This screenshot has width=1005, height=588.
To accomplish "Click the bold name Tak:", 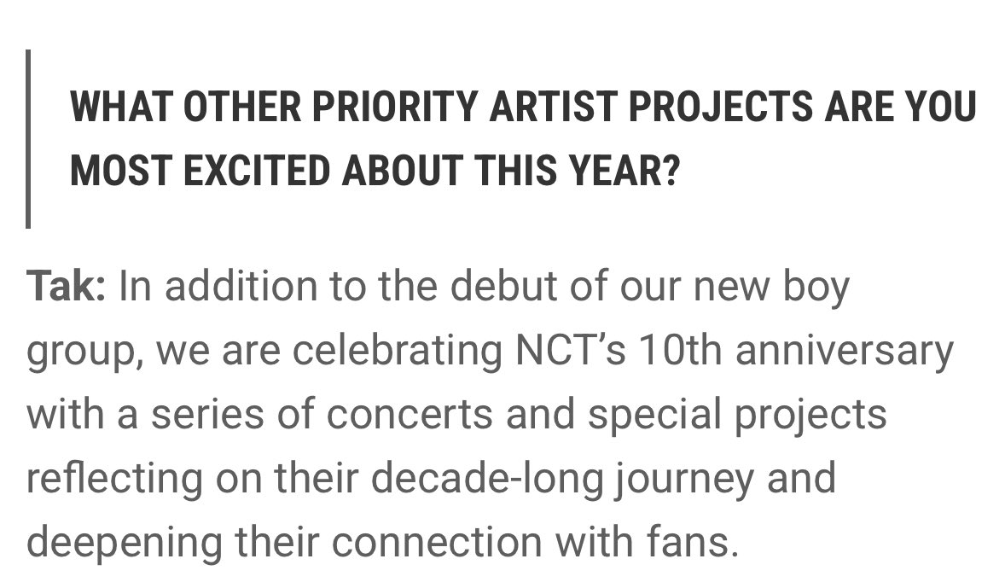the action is (66, 285).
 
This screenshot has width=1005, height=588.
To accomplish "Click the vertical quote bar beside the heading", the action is (28, 138).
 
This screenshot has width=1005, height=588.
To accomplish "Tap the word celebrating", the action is (398, 349).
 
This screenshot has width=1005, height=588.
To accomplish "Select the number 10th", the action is (680, 349).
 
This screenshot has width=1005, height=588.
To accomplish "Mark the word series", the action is (207, 414).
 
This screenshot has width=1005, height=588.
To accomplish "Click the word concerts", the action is (410, 414).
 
